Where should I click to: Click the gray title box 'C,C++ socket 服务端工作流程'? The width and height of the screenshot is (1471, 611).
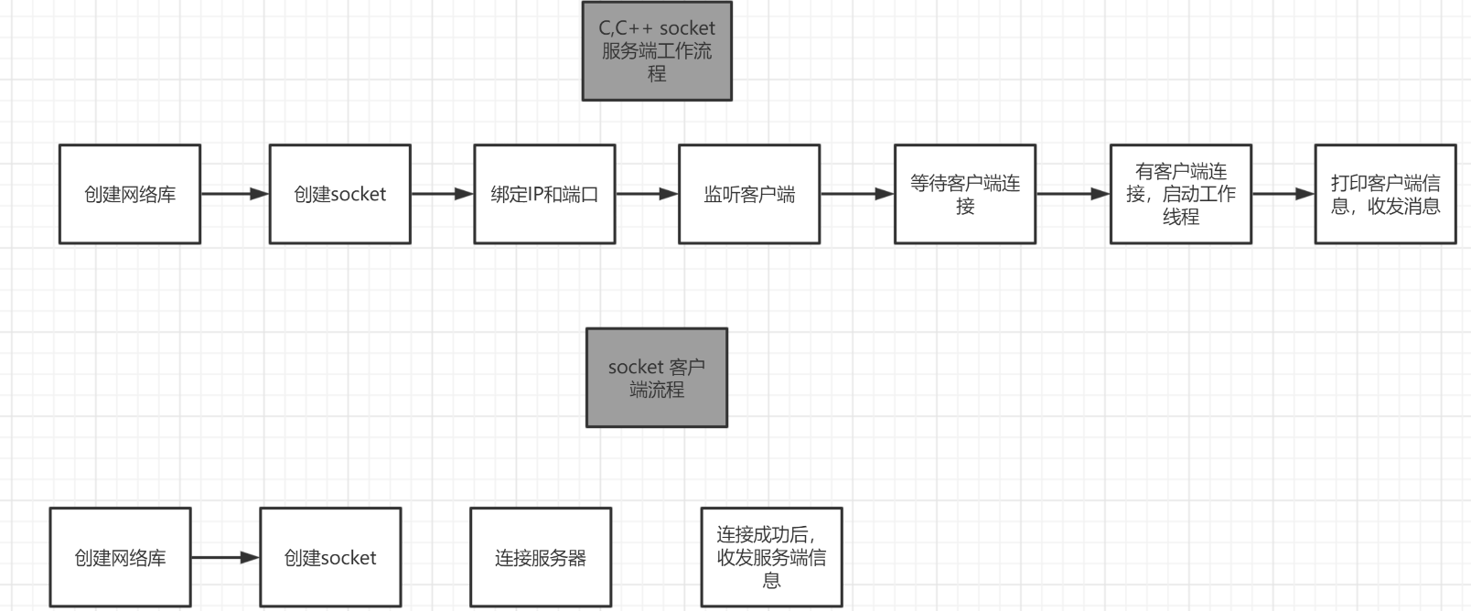(x=657, y=51)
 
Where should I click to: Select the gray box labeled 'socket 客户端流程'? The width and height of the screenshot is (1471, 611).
(x=657, y=378)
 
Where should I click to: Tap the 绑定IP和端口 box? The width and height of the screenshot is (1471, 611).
(x=544, y=194)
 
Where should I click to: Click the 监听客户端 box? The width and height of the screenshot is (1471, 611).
(x=749, y=194)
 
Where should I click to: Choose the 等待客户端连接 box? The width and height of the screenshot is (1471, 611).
(x=965, y=194)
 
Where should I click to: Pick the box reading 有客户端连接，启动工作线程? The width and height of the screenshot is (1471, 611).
(x=1181, y=194)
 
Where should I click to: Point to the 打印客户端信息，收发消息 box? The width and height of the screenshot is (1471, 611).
(x=1385, y=194)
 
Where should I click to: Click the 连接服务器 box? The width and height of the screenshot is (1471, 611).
(x=541, y=557)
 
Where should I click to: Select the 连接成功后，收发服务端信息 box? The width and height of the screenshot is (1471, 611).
(x=771, y=557)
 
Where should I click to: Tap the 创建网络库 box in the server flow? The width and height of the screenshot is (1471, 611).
(x=130, y=194)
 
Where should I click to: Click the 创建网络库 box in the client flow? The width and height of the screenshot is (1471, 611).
(x=120, y=557)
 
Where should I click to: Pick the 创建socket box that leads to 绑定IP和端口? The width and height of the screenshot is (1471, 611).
(x=339, y=194)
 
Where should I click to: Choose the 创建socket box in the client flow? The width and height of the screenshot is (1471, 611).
(x=330, y=557)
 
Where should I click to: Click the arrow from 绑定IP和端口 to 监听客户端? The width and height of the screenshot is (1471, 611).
(x=647, y=194)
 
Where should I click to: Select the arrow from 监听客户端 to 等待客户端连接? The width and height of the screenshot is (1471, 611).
(x=857, y=194)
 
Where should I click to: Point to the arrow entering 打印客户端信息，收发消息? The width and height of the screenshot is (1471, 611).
(x=1283, y=194)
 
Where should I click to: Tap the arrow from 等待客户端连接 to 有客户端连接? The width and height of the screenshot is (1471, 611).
(x=1072, y=194)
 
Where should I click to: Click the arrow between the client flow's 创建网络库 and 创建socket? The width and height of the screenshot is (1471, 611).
(x=225, y=557)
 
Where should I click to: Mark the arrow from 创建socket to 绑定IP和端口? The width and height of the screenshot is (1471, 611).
(x=442, y=194)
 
